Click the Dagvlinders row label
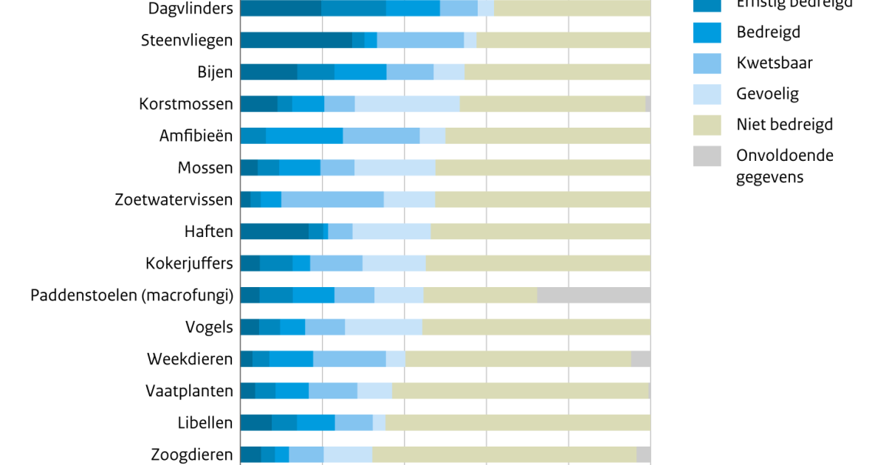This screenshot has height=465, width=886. [190, 9]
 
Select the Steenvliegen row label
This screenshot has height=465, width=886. [187, 41]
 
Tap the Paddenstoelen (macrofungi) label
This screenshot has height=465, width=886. [132, 295]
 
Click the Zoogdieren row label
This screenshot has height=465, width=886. [192, 455]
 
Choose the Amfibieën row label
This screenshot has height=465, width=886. [196, 136]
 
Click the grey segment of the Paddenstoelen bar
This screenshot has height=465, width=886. [594, 295]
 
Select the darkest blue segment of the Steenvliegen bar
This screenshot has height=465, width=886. [296, 41]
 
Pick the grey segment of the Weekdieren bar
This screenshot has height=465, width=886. [641, 359]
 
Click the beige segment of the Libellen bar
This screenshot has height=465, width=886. [518, 423]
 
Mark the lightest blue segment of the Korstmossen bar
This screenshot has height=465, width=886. [407, 104]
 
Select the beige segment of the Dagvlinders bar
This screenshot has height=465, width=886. [572, 9]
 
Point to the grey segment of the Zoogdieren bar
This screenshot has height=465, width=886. [643, 455]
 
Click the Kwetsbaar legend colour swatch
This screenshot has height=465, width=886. [707, 63]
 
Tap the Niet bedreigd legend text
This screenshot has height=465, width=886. [784, 125]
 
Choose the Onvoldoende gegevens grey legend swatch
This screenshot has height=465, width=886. [707, 156]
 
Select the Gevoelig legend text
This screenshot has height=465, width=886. [767, 94]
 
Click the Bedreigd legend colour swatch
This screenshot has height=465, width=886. [707, 32]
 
